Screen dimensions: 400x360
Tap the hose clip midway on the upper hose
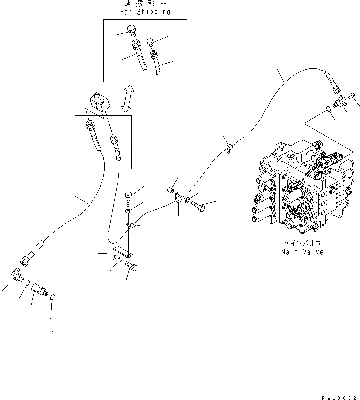pyautogui.click(x=230, y=148)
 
